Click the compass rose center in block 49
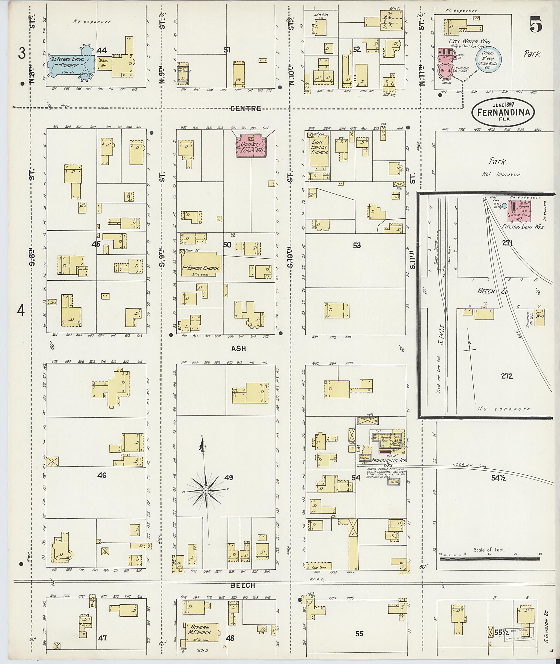(206, 491)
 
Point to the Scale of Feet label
(489, 550)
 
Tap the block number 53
(357, 245)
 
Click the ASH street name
(238, 349)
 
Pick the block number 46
(102, 475)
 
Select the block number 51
(227, 50)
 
